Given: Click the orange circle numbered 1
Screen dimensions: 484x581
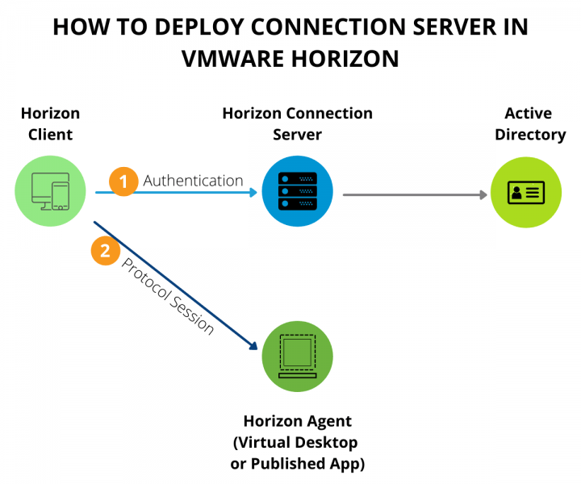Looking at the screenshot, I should [x=123, y=181].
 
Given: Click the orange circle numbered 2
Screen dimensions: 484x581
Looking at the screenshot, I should [x=105, y=251].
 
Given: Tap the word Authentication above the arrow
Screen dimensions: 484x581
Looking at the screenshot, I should [x=193, y=181].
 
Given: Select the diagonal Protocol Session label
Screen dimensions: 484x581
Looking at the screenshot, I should [x=167, y=296].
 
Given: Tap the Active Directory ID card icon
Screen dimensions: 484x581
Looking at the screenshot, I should [x=525, y=193].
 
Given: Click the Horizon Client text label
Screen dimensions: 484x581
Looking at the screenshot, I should [x=50, y=123].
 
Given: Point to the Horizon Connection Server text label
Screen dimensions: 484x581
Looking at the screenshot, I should [x=297, y=123].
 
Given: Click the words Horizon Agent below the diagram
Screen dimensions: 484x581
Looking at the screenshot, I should [x=297, y=422].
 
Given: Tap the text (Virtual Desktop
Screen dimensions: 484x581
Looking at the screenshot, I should [x=295, y=443].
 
